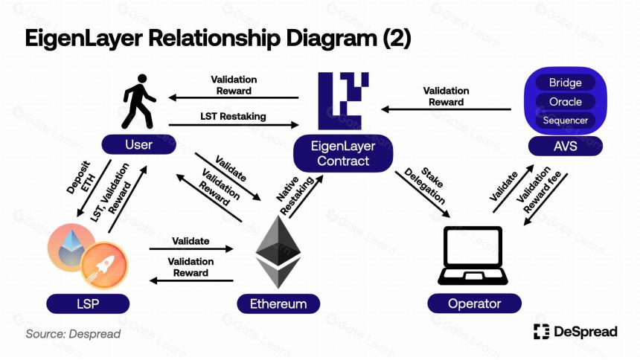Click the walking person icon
point(138,101)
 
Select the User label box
point(138,144)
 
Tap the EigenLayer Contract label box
point(343,153)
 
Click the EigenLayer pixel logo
point(343,101)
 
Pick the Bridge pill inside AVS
point(566,83)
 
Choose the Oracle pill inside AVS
point(566,102)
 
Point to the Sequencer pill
point(566,120)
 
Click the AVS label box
point(566,146)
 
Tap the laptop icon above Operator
point(473,256)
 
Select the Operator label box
point(474,303)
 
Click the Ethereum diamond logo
point(278,252)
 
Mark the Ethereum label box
point(278,304)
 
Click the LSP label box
point(88,304)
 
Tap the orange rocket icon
point(104,266)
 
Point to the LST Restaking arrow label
point(233,116)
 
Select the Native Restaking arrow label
point(295,195)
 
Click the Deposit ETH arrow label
point(81,178)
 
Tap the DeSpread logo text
point(586,332)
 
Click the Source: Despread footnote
point(73,334)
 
